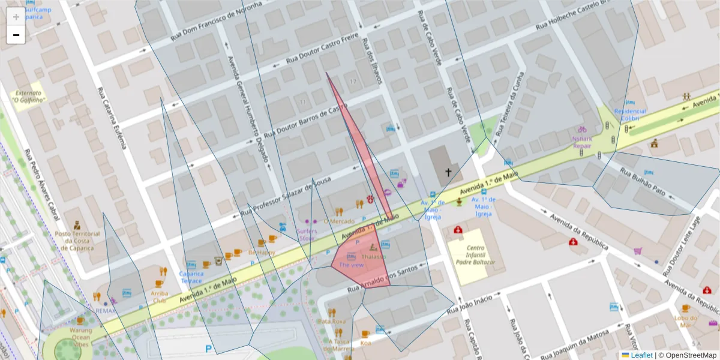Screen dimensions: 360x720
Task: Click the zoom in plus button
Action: point(16,17)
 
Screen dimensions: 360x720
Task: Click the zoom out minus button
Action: point(16,35)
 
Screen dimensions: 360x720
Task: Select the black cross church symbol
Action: point(448,172)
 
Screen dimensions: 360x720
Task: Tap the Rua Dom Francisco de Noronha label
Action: point(217,22)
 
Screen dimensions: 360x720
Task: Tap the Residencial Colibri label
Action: point(630,115)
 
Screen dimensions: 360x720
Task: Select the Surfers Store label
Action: point(307,235)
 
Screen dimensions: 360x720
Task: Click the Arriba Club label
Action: point(160,297)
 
